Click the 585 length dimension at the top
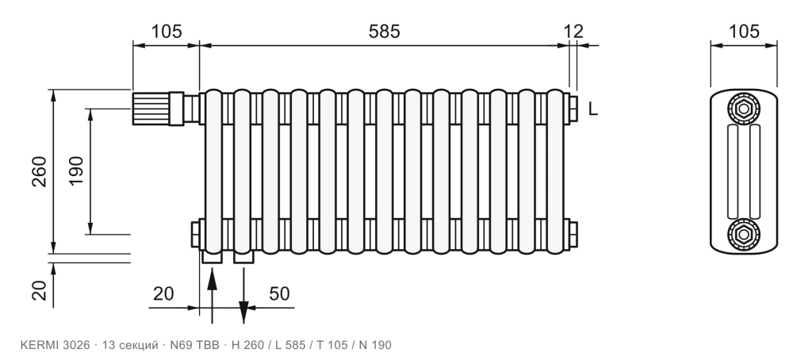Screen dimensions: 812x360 [385, 32]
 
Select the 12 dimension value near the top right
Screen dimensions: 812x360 [573, 32]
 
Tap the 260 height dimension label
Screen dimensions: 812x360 [40, 171]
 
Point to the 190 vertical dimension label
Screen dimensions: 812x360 [76, 171]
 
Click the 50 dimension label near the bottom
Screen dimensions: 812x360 [280, 293]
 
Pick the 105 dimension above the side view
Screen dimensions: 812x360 [744, 32]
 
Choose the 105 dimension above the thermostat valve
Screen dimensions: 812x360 [167, 32]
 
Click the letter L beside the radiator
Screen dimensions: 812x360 [593, 109]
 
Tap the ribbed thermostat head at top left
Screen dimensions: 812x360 [151, 109]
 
